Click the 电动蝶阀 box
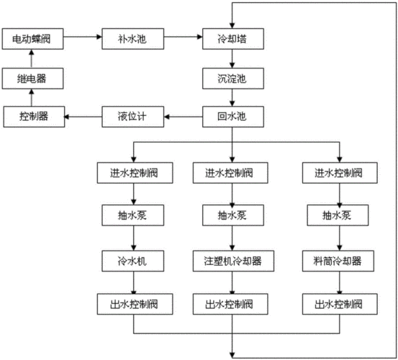point(31,37)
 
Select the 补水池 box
point(132,37)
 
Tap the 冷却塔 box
point(231,37)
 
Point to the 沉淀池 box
point(231,76)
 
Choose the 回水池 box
point(231,115)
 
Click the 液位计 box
point(132,115)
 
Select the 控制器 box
point(31,115)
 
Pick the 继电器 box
point(31,76)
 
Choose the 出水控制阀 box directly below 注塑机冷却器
point(231,303)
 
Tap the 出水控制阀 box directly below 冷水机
point(132,303)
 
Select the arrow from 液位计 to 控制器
point(83,115)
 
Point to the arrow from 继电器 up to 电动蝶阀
point(31,57)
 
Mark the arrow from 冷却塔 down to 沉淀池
point(231,57)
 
